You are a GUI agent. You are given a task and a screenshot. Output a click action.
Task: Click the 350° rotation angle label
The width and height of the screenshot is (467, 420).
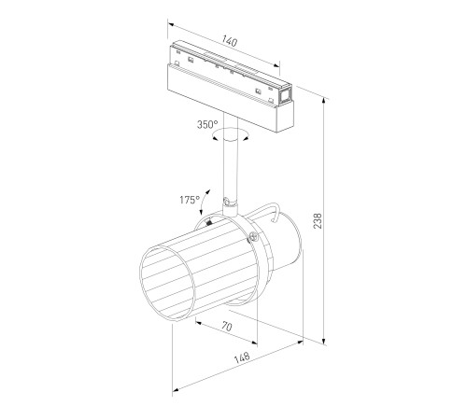pos(207,124)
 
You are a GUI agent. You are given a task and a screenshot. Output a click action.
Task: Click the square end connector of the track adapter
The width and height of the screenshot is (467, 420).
pos(285,94)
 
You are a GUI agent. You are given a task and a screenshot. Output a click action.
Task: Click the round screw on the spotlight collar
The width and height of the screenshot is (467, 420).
pos(251,240)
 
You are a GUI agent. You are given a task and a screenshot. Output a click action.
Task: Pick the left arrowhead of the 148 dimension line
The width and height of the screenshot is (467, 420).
pos(175,386)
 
